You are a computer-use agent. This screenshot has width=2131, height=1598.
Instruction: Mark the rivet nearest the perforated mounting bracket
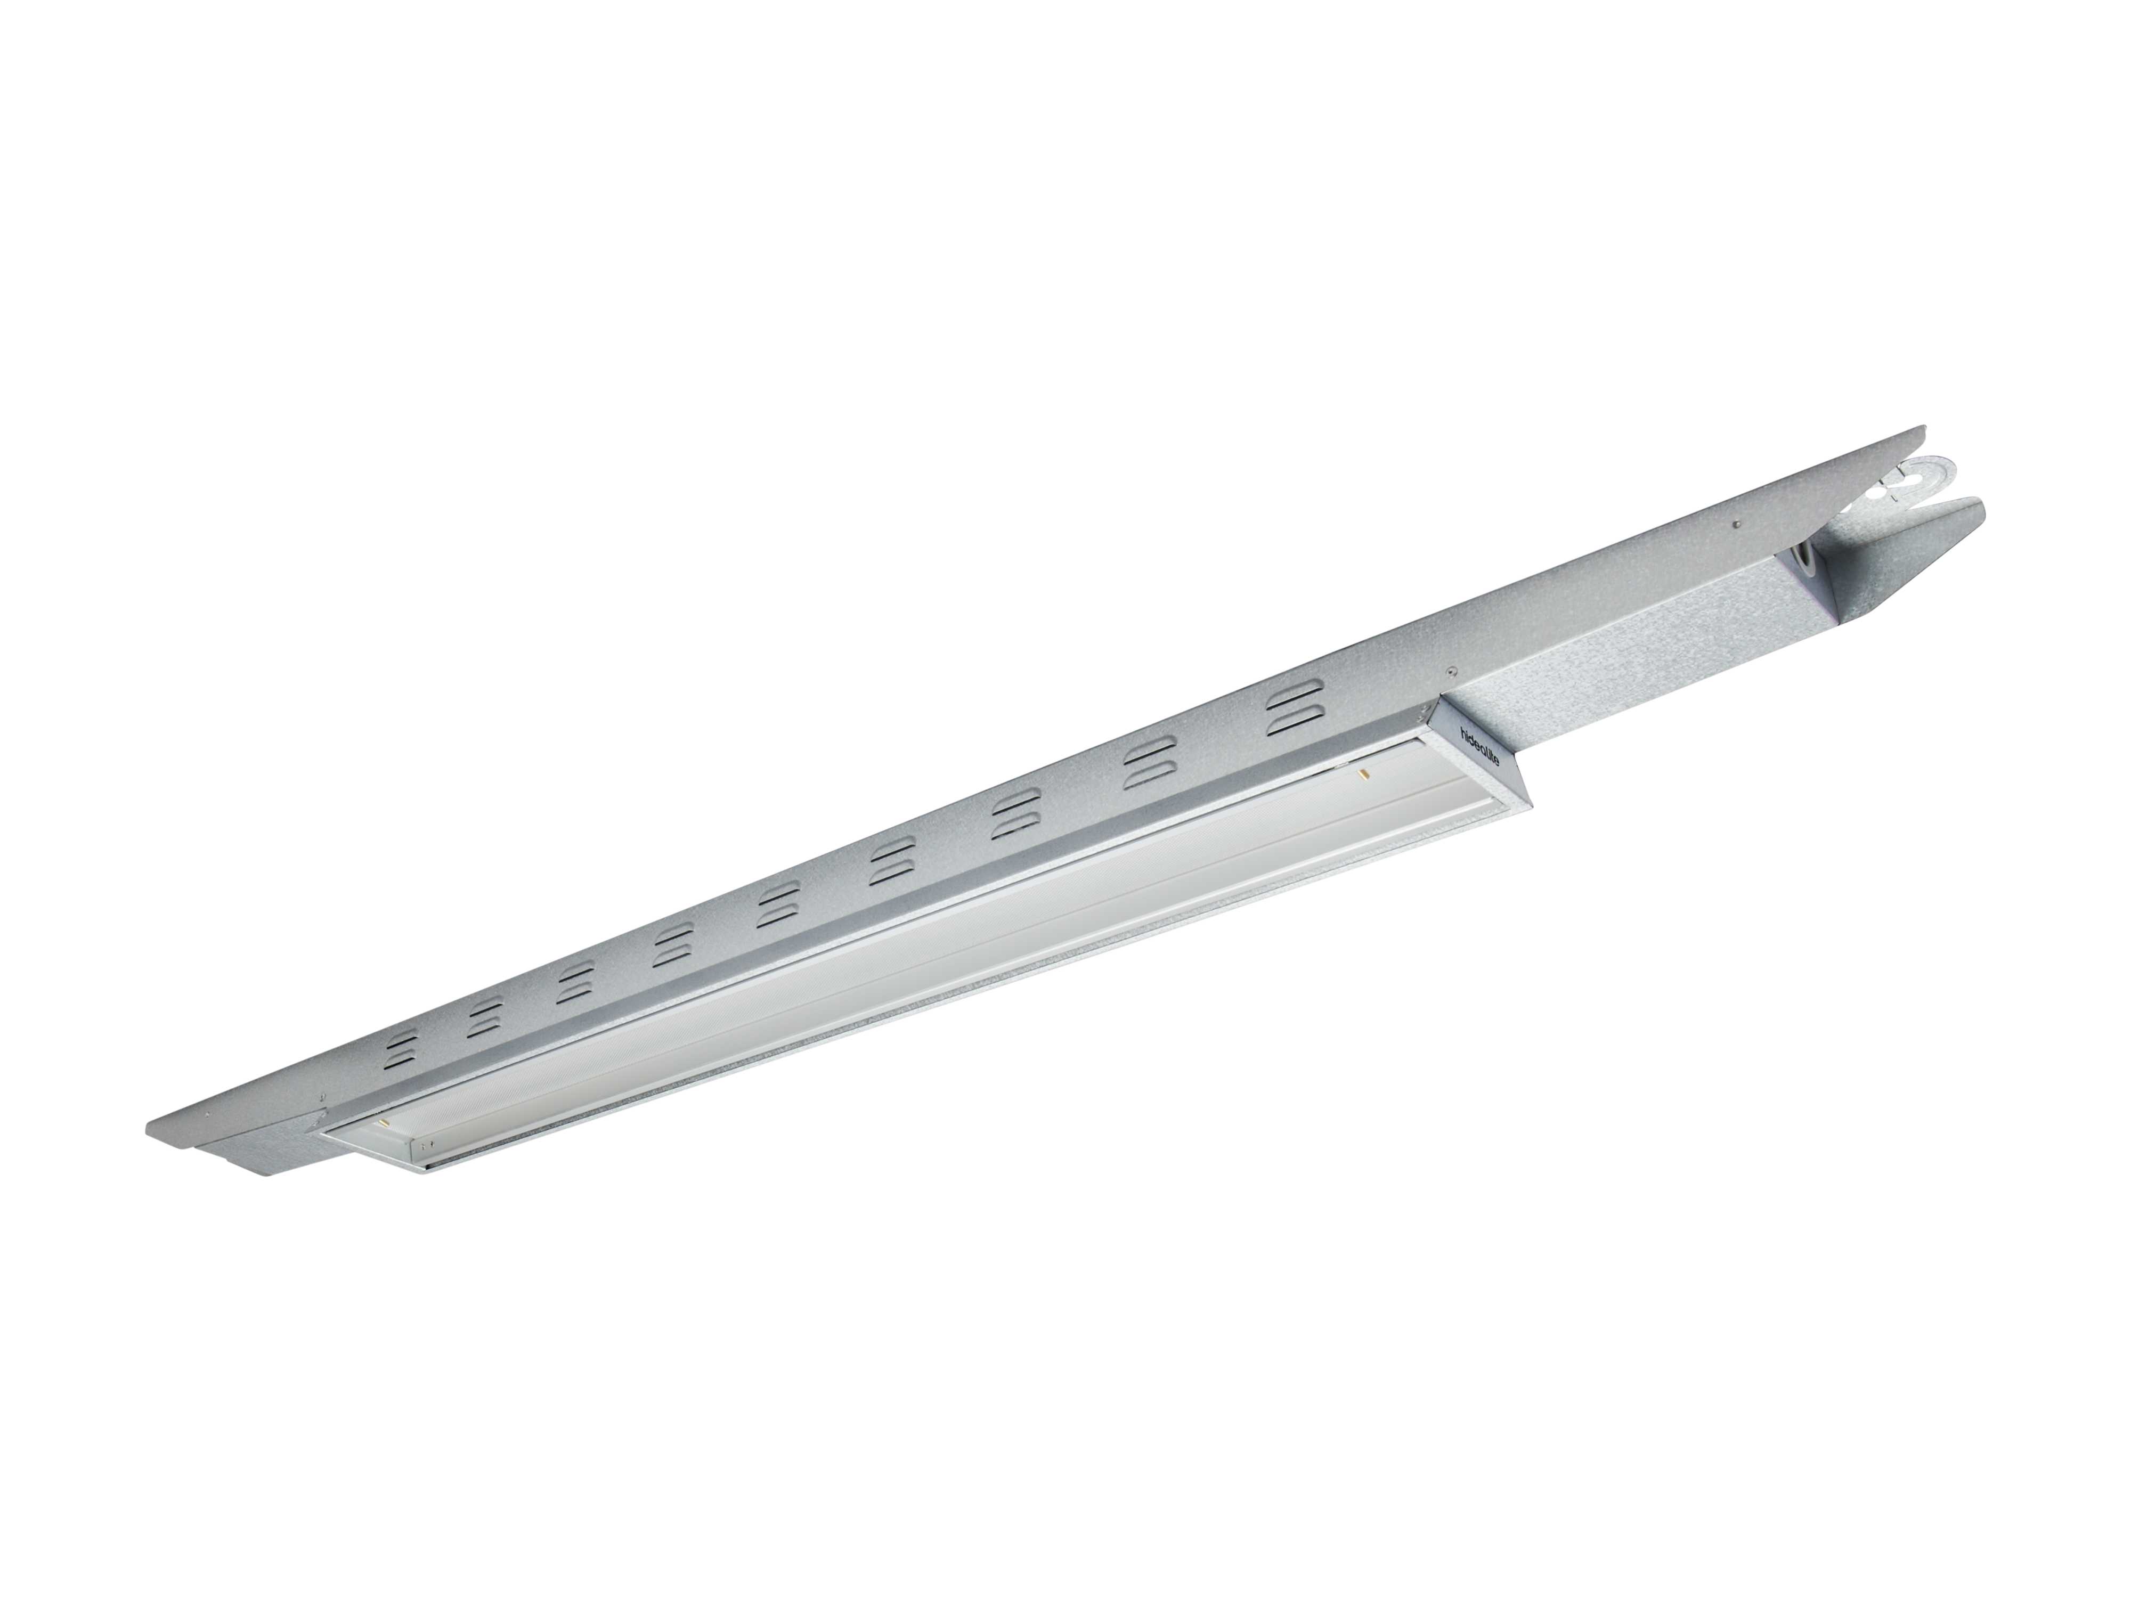1734,523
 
